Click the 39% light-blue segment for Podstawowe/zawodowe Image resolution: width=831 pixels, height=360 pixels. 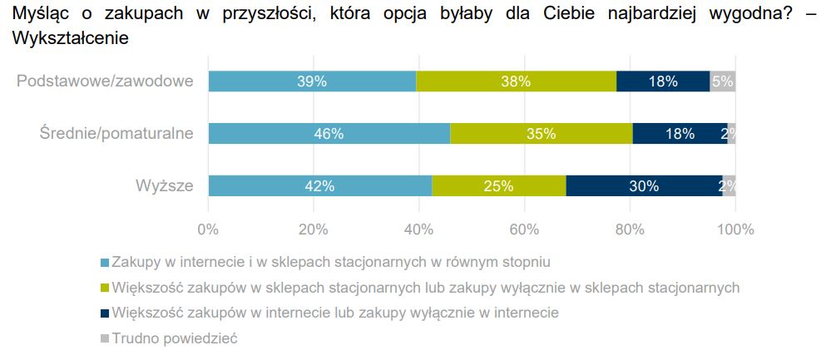(312, 81)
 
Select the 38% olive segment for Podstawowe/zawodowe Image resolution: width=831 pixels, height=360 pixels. (516, 81)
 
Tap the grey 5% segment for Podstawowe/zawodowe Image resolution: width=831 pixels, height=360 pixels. (722, 81)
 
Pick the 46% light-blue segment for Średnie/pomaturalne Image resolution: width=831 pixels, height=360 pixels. (329, 134)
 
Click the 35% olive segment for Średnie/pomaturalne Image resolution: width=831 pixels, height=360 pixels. (541, 134)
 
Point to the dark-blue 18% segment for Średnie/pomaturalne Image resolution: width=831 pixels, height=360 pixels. (680, 134)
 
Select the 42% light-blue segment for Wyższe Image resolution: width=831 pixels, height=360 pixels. (320, 186)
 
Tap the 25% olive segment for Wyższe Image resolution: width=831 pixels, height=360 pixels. (498, 186)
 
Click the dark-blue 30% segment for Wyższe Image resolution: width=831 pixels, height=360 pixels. (644, 186)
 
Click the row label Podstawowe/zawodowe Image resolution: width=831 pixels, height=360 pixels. (105, 81)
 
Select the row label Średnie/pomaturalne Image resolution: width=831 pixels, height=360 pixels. (116, 134)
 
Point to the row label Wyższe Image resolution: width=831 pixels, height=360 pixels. (165, 186)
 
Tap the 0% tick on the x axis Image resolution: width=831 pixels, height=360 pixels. (208, 229)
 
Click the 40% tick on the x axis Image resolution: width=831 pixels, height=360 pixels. (419, 229)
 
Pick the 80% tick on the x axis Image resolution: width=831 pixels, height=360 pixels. (630, 229)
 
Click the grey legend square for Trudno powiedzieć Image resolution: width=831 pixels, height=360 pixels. (104, 338)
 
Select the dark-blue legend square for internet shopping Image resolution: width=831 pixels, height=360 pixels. (104, 313)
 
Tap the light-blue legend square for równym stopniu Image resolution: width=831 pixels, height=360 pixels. (104, 263)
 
